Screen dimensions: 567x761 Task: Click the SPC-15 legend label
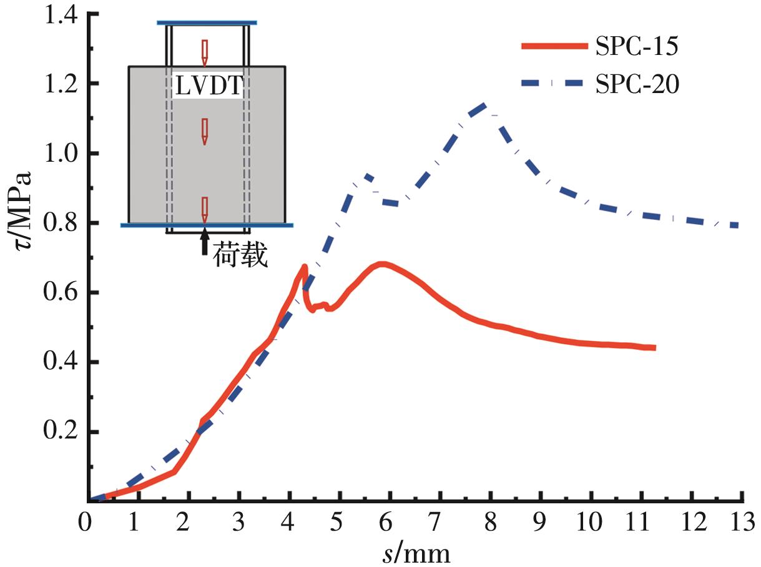(x=634, y=47)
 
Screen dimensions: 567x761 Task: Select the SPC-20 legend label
(x=634, y=84)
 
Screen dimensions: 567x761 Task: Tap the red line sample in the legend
(x=555, y=47)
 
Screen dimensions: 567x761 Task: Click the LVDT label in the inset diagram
(x=207, y=87)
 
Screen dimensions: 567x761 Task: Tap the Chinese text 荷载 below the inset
(x=240, y=257)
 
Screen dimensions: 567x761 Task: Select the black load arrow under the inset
(x=204, y=243)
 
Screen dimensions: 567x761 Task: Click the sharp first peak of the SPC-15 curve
(x=304, y=267)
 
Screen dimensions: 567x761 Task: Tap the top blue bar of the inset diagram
(x=207, y=23)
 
